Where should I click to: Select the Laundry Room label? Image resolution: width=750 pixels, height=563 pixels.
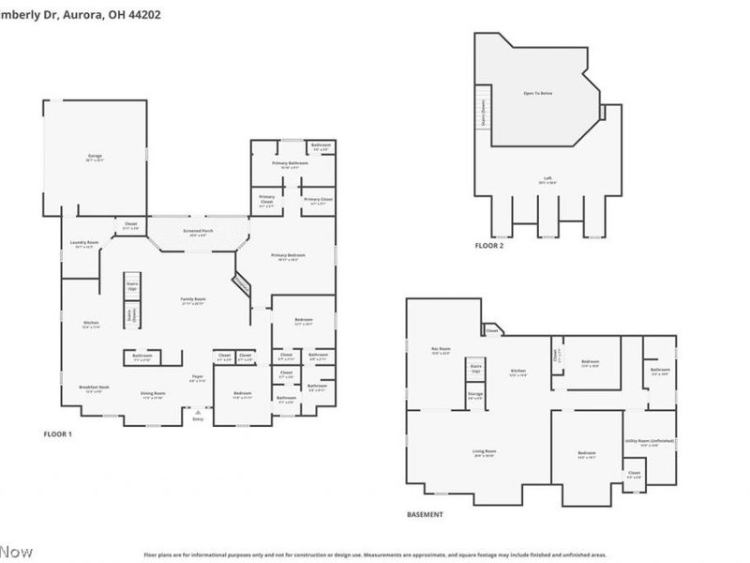(84, 244)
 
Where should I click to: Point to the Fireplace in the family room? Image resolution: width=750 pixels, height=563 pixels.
(242, 283)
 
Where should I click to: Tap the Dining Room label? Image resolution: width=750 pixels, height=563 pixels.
(153, 394)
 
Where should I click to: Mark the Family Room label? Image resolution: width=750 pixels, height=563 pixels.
(193, 299)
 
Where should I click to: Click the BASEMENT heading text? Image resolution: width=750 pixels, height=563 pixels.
(425, 514)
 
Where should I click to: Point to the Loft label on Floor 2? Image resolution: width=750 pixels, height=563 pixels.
(545, 180)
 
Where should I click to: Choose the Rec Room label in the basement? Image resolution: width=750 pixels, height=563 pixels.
(441, 349)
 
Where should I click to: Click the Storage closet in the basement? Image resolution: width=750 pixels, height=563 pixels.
(476, 396)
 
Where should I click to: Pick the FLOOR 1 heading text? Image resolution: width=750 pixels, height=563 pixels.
(58, 434)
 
